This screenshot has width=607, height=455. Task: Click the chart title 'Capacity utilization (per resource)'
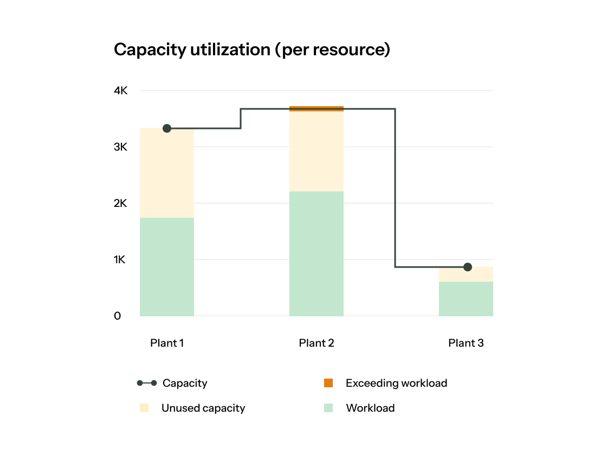tap(252, 50)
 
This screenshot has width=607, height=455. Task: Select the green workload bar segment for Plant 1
tap(167, 266)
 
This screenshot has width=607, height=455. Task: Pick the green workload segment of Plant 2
tap(317, 253)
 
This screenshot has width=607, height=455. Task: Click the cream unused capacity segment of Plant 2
tap(317, 152)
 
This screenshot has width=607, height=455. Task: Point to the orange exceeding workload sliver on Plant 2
tap(317, 108)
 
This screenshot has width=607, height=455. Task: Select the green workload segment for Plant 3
tap(466, 298)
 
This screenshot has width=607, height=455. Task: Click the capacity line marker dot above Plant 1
tap(167, 128)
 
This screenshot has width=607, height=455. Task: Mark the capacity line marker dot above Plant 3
tap(468, 267)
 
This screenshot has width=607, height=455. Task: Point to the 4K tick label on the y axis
tap(120, 91)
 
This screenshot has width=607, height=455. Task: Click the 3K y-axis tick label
tap(120, 147)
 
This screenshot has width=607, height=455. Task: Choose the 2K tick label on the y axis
tap(120, 204)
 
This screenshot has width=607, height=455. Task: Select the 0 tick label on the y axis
tap(118, 316)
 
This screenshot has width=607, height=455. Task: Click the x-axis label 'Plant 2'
tap(317, 343)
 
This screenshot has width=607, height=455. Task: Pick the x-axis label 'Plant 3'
tap(466, 343)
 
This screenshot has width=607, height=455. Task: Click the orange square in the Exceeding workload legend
tap(328, 383)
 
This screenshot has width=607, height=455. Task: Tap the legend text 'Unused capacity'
tap(203, 408)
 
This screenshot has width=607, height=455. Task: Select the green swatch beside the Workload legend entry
tap(328, 408)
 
